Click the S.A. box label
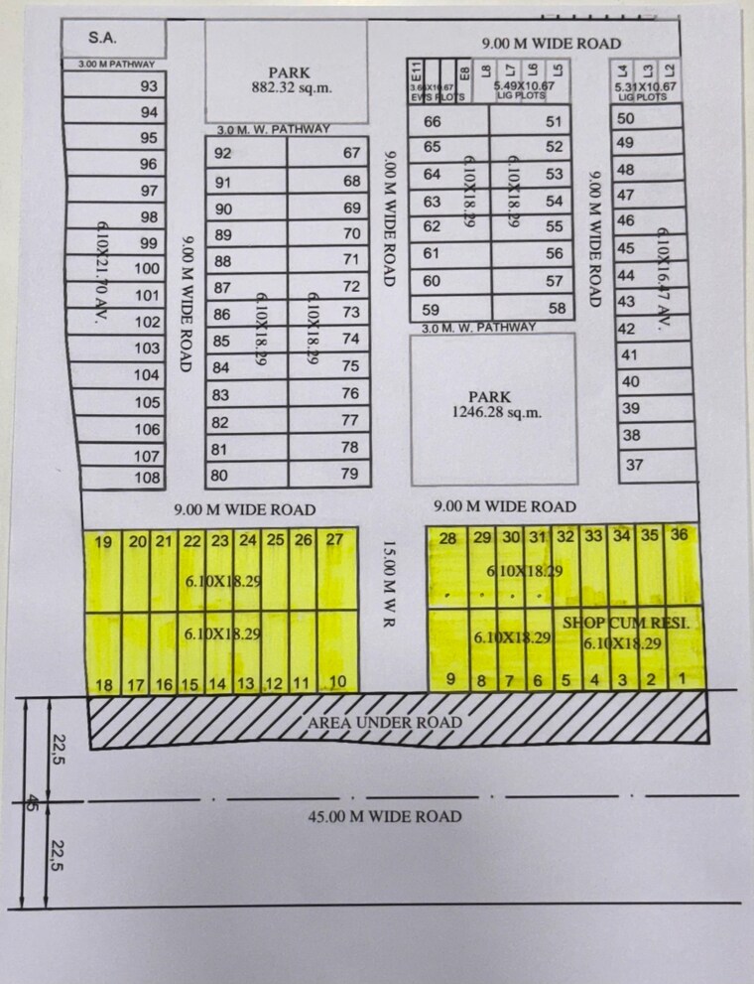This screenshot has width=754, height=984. [x=101, y=38]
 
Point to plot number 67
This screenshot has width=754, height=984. [x=351, y=153]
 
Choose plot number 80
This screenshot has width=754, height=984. [x=219, y=475]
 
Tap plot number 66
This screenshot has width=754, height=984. [x=432, y=122]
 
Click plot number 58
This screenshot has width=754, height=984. [x=557, y=309]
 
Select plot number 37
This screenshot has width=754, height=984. [x=635, y=464]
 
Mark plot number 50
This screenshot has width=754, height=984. [x=625, y=117]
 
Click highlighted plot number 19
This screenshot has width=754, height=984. [x=103, y=542]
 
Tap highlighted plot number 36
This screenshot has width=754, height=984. [x=680, y=534]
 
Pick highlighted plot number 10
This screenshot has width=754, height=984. [x=337, y=682]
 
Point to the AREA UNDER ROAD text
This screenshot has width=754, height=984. [x=384, y=722]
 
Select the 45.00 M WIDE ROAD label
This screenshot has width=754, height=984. [x=384, y=816]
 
